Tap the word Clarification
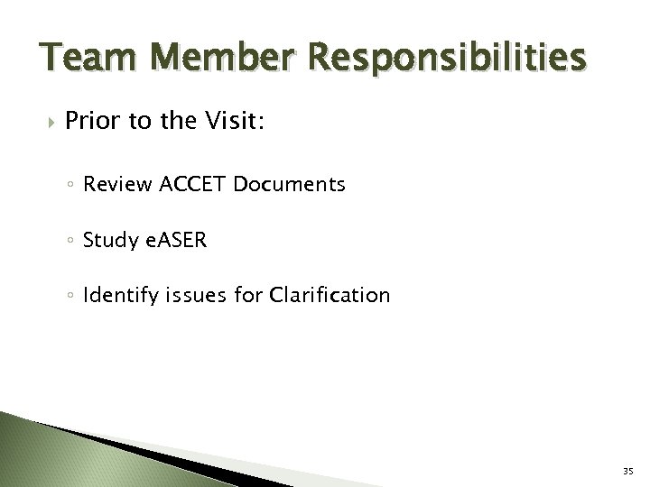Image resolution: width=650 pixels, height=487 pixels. [332, 294]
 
